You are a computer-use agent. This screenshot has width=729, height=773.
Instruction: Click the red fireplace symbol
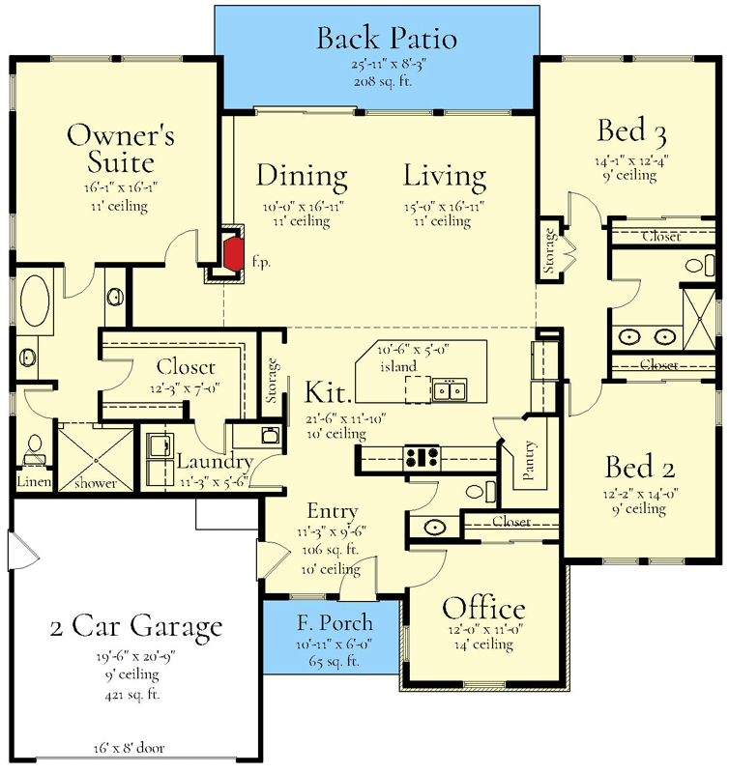[234, 253]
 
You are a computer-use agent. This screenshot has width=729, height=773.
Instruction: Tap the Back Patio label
[386, 39]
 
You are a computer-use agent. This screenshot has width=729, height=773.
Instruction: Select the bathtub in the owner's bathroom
[34, 301]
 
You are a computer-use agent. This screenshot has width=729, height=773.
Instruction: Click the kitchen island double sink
[450, 390]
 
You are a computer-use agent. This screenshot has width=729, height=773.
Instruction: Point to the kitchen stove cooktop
[422, 457]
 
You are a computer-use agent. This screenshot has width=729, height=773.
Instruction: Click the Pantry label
[528, 460]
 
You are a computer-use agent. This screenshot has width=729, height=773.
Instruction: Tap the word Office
[483, 609]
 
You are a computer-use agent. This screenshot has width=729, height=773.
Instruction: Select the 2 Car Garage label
[136, 626]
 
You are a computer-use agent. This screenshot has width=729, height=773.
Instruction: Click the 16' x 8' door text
[129, 748]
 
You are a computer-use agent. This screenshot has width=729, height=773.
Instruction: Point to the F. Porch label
[335, 623]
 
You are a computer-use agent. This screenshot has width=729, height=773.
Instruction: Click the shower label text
[96, 482]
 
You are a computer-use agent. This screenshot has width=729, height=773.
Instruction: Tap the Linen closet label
[34, 481]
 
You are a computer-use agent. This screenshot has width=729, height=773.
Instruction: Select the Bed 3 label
[632, 131]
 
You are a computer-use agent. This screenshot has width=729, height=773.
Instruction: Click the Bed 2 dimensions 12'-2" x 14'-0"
[640, 493]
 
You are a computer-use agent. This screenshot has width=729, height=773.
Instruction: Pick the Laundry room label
[215, 462]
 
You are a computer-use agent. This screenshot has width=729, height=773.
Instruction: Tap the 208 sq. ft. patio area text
[383, 81]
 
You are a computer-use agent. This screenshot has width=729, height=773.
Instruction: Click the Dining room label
[302, 177]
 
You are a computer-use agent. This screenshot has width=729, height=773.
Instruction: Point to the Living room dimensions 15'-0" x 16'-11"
[445, 206]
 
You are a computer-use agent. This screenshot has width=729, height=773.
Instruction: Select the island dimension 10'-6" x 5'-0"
[414, 350]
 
